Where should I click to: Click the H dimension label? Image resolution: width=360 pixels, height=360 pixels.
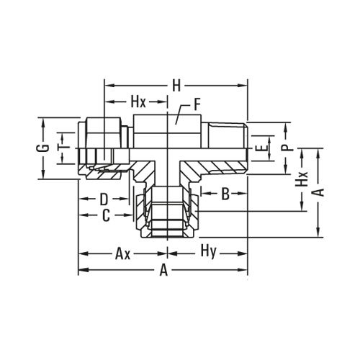[176, 85]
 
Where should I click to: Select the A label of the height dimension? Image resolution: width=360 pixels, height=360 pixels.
[321, 192]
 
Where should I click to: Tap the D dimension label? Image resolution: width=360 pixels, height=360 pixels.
[104, 197]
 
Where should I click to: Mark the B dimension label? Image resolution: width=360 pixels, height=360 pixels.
[225, 194]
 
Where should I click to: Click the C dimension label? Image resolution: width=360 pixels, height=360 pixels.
[105, 215]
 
